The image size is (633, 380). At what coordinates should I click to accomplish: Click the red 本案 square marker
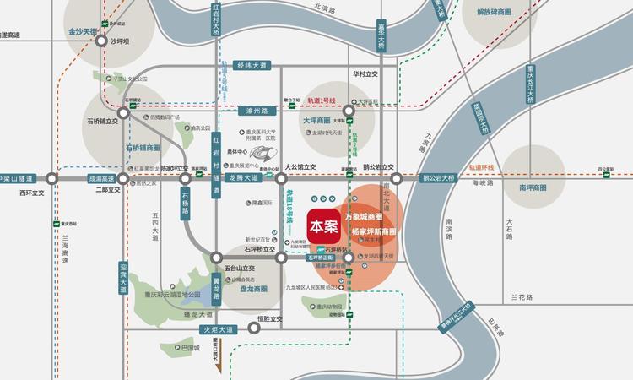pyautogui.click(x=322, y=225)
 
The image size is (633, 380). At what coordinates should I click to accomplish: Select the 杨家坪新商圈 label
pyautogui.click(x=373, y=231)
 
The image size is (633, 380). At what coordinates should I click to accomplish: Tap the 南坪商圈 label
pyautogui.click(x=538, y=187)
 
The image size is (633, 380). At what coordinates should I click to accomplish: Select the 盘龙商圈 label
pyautogui.click(x=248, y=288)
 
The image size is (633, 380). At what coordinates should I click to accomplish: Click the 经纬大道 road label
pyautogui.click(x=251, y=65)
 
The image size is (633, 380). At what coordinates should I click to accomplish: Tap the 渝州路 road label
pyautogui.click(x=251, y=110)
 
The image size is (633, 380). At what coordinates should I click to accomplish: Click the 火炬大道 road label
pyautogui.click(x=217, y=329)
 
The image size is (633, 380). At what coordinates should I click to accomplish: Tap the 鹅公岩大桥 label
pyautogui.click(x=438, y=178)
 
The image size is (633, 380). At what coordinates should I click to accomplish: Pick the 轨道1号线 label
pyautogui.click(x=321, y=100)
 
